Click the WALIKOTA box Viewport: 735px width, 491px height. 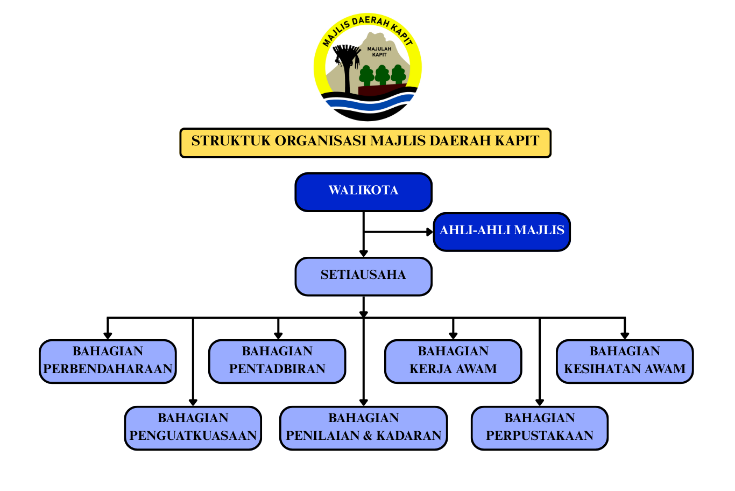point(363,192)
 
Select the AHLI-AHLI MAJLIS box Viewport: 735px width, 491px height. point(501,232)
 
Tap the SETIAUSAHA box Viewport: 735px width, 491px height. point(363,276)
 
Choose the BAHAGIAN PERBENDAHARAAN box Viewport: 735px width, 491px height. point(108,361)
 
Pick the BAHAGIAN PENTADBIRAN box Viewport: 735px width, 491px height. point(277,361)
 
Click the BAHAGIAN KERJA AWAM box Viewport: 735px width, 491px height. point(453,361)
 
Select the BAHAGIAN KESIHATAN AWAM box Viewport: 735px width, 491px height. point(625,361)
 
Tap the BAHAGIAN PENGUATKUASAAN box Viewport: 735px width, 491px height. point(193,428)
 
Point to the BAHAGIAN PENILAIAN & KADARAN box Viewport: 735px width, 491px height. point(363,428)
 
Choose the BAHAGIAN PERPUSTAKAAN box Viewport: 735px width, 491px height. point(540,428)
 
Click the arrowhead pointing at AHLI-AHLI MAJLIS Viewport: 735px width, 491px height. point(429,232)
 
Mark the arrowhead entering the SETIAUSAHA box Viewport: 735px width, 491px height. point(364,253)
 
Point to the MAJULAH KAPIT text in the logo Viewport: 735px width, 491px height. point(379,52)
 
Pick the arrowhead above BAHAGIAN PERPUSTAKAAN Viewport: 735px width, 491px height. point(540,402)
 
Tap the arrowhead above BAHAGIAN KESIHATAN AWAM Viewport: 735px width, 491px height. point(625,335)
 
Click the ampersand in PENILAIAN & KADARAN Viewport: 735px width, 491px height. point(367,436)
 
